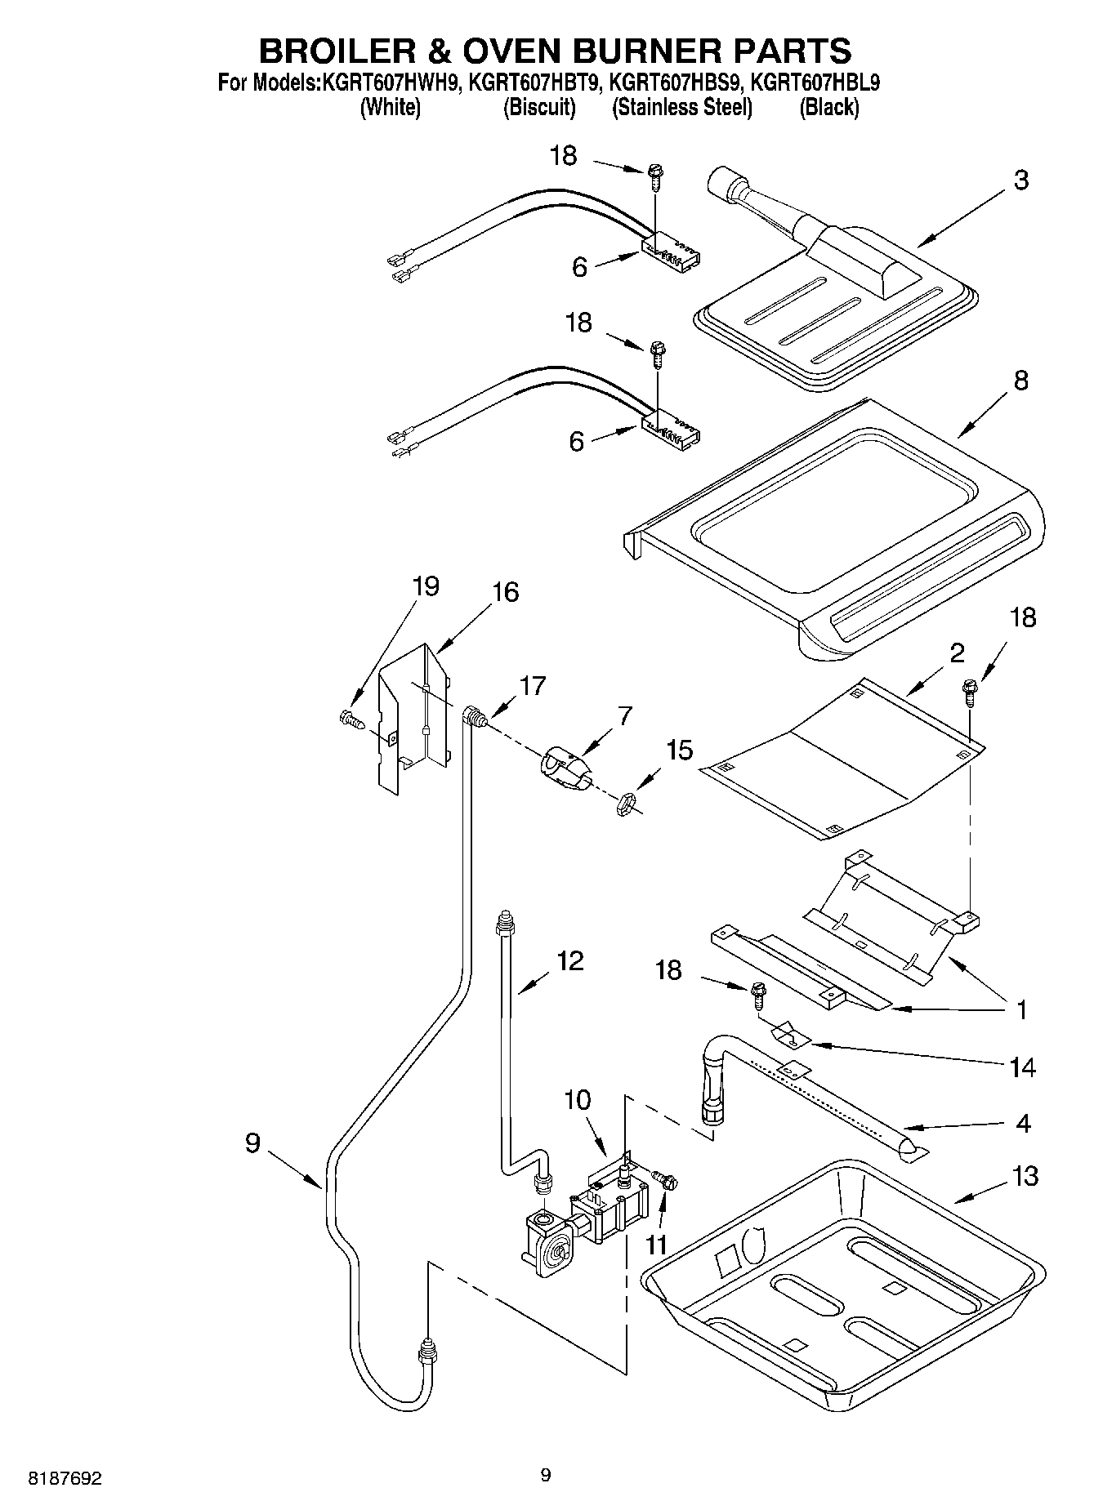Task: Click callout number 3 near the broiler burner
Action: click(1020, 180)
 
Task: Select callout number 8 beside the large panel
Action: click(1020, 381)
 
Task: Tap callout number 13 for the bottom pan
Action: click(1025, 1177)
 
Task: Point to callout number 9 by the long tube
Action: click(252, 1143)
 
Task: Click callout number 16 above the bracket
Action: click(505, 592)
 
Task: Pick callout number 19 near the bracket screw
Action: click(425, 586)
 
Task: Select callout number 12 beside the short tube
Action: click(569, 961)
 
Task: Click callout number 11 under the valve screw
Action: click(656, 1245)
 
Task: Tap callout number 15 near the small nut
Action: click(679, 750)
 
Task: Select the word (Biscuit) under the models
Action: click(539, 108)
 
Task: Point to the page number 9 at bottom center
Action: click(546, 1474)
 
